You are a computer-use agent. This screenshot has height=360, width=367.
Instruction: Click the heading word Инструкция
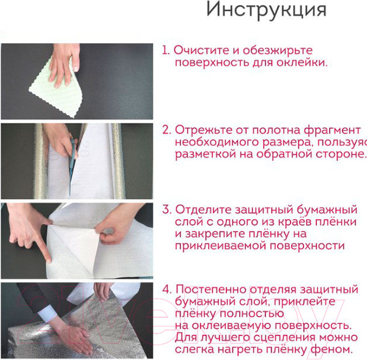[266, 10]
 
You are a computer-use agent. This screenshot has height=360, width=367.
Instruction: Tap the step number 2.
[166, 130]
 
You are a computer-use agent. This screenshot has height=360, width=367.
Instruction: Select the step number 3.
[166, 209]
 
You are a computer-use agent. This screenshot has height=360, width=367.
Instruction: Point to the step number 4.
[166, 289]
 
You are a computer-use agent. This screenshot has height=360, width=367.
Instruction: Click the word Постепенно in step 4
[210, 289]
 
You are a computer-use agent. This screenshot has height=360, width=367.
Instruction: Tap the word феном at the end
[335, 349]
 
